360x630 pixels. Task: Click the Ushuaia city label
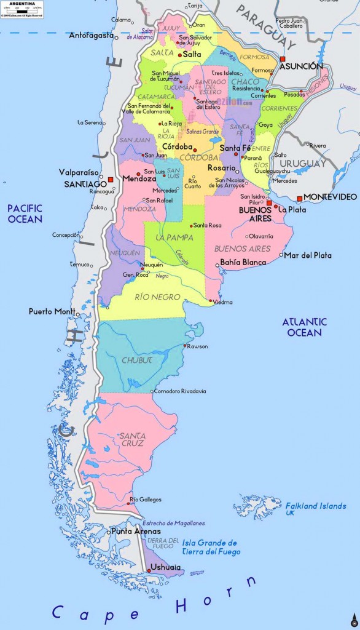pos(166,567)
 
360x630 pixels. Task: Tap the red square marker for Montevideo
pos(299,198)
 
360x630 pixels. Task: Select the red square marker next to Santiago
pos(111,180)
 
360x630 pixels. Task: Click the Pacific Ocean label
pos(25,213)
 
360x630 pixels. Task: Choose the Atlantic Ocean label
pos(304,327)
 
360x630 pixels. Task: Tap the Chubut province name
pos(136,360)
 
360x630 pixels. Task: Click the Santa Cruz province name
pos(132,439)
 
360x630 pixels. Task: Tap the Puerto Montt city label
pos(52,311)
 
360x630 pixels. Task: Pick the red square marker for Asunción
pos(283,59)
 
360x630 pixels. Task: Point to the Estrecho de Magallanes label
pos(174,523)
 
